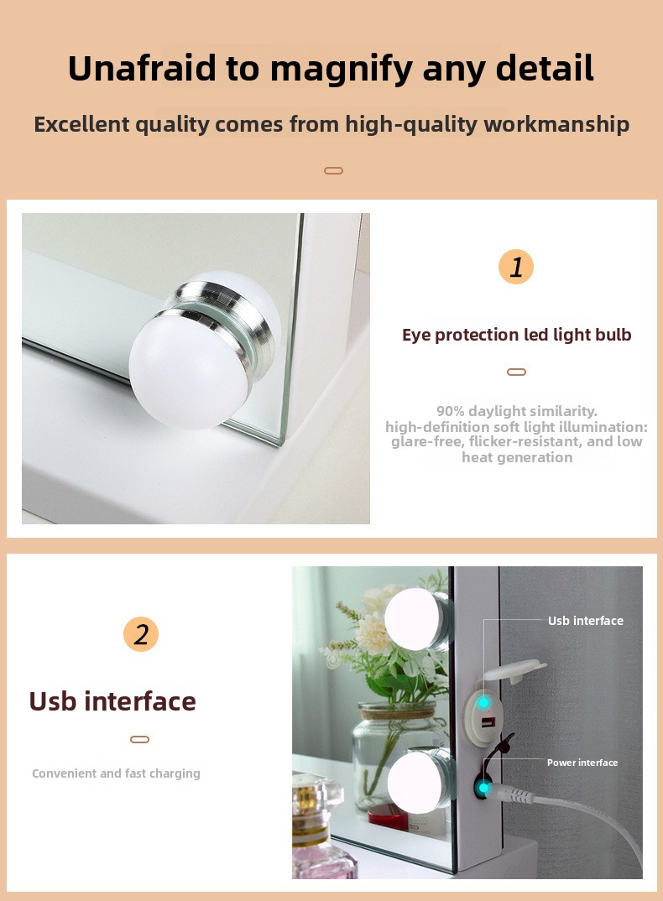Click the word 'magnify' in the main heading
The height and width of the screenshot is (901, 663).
pos(342,69)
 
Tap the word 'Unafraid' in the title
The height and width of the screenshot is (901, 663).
pos(142,68)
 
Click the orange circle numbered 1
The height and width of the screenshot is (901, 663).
pos(516,267)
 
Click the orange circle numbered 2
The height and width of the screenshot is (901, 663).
pos(141,633)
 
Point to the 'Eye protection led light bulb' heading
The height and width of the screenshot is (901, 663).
pos(516,335)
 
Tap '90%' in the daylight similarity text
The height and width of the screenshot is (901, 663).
pos(450,411)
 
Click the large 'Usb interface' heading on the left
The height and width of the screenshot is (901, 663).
pos(112,701)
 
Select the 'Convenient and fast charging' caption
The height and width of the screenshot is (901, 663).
pos(116,773)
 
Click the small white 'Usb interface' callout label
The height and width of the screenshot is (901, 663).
pos(586,621)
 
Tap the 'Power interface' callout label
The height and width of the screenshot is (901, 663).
pos(582,763)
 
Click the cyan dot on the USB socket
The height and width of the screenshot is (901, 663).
pos(484,702)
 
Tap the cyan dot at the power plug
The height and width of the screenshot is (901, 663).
pos(484,789)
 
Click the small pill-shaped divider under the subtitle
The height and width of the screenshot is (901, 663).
pos(333,170)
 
